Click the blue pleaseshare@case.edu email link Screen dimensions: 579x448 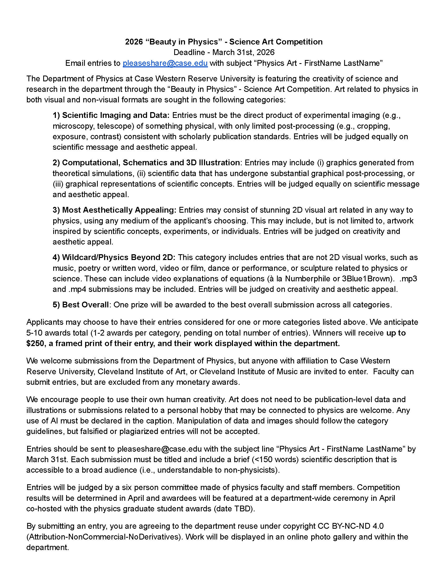(165, 63)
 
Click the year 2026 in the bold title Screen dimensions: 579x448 (134, 42)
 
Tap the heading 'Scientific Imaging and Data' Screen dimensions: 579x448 (115, 115)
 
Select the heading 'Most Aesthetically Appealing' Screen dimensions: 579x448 (119, 210)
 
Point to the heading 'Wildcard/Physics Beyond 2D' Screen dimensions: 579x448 (119, 257)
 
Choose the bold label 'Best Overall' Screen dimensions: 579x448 (85, 305)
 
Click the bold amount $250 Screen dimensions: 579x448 (36, 343)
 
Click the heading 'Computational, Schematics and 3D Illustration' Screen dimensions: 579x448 (151, 163)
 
